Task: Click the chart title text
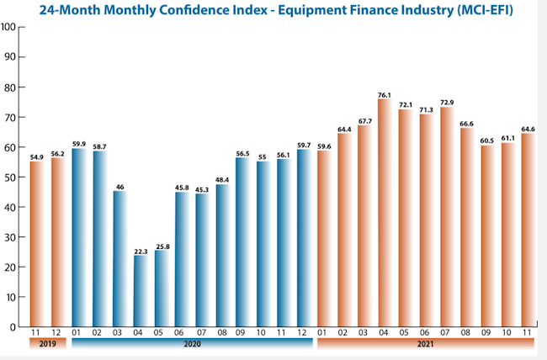coord(273,10)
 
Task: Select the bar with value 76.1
coord(385,213)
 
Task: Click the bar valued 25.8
coord(159,287)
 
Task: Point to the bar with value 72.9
coord(446,217)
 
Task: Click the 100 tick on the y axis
coord(8,26)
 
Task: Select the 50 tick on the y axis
coord(8,177)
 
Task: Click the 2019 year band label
coord(47,347)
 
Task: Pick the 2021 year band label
coord(425,347)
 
